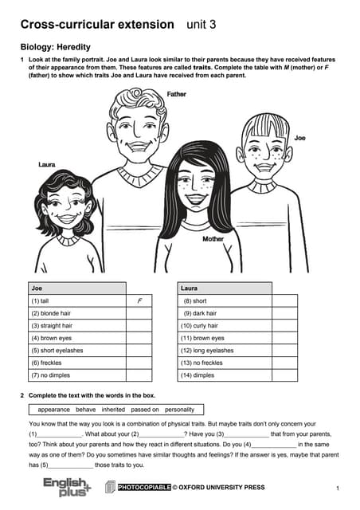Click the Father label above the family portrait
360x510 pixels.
point(177,94)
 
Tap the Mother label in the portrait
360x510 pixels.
point(213,238)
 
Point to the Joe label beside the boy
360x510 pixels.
point(299,138)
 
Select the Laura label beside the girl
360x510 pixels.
point(47,164)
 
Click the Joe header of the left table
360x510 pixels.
point(37,288)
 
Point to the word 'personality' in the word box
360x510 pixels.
point(179,409)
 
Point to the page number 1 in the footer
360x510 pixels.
point(338,488)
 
